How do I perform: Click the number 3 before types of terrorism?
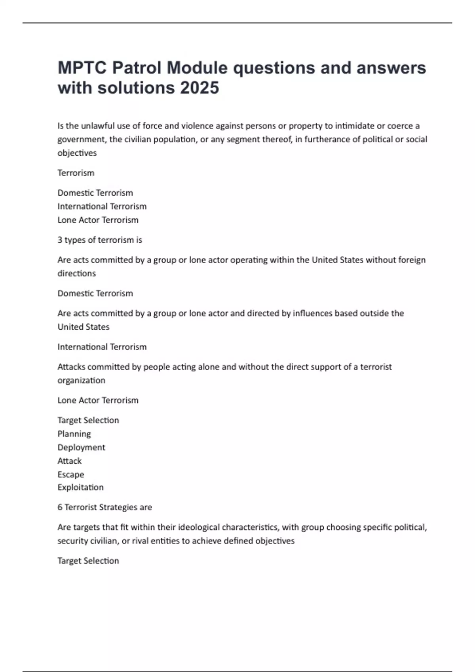click(60, 240)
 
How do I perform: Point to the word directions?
click(77, 274)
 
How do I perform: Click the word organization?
click(81, 381)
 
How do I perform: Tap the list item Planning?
click(74, 434)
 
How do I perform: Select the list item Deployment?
click(81, 447)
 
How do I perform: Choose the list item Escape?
click(71, 474)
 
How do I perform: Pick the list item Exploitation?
click(80, 487)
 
